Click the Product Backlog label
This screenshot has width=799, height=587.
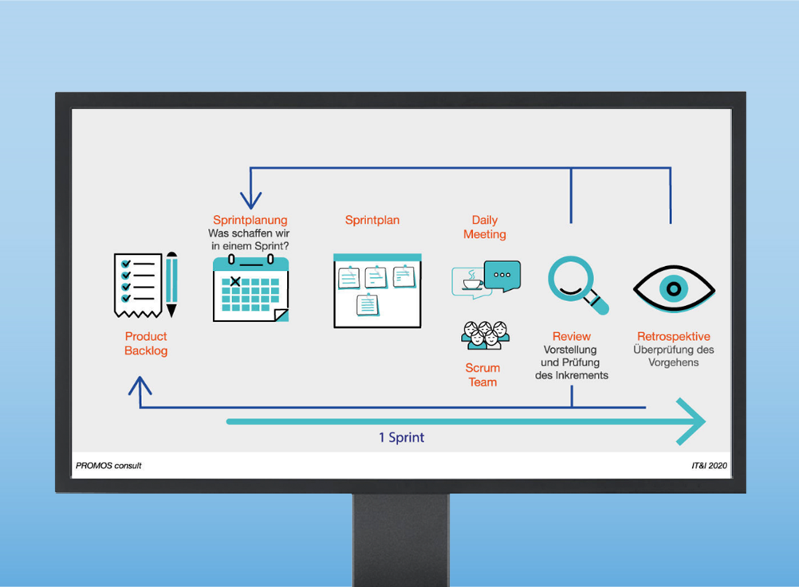(146, 343)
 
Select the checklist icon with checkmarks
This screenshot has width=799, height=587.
(138, 284)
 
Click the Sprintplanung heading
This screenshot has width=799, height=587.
(250, 220)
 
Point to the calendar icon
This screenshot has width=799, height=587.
(250, 288)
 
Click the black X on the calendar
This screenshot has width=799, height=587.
(235, 281)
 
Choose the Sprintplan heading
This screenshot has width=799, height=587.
(372, 220)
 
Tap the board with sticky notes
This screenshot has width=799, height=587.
(377, 291)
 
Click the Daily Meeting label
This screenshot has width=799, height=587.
(485, 227)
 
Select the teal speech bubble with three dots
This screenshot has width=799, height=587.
(502, 276)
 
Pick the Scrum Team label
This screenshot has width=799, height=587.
(482, 375)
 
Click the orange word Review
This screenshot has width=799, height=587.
(572, 336)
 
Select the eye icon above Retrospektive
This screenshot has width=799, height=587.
(674, 288)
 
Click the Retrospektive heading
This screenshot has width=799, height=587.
(674, 336)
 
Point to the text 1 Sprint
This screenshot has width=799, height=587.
(401, 437)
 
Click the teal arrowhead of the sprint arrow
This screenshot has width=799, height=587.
(691, 421)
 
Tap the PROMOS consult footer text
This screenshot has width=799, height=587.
(108, 465)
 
